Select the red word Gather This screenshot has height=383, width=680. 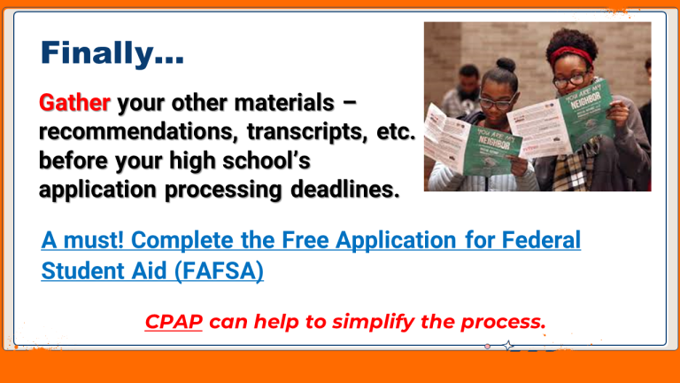coord(74,103)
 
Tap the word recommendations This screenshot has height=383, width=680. coord(138,131)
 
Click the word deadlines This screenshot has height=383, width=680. coord(344,190)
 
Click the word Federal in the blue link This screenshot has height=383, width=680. coord(541,239)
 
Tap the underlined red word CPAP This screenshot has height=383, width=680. coord(174,322)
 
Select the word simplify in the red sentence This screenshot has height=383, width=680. coord(373,322)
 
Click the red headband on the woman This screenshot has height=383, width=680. coord(572,55)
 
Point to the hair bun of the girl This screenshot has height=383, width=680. coord(506,65)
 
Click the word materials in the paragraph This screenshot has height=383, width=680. coord(284,103)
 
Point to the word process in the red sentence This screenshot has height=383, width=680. coord(503,323)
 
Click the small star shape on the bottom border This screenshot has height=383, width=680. coord(508,346)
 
